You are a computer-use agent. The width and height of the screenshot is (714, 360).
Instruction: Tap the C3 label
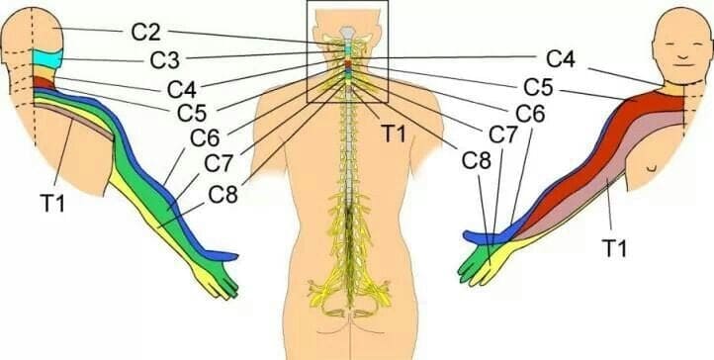coord(165,58)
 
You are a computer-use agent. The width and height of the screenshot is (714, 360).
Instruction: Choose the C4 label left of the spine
coord(180,84)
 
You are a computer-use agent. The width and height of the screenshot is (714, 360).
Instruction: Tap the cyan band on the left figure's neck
coord(45,60)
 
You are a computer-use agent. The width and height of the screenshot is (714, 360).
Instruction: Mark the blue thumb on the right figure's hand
coord(477,237)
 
